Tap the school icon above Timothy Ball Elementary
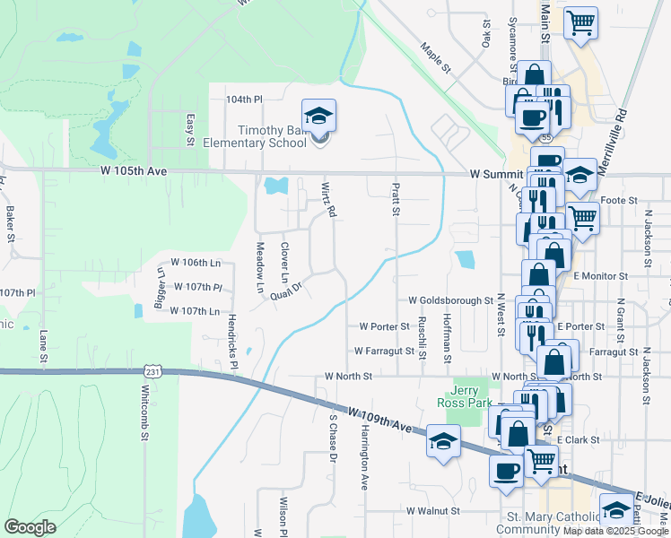[x=318, y=115]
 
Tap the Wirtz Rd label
[x=328, y=199]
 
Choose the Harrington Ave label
[x=364, y=463]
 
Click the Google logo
[x=29, y=527]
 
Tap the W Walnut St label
[x=432, y=510]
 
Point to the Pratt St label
[x=394, y=199]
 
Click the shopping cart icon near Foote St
[x=583, y=216]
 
